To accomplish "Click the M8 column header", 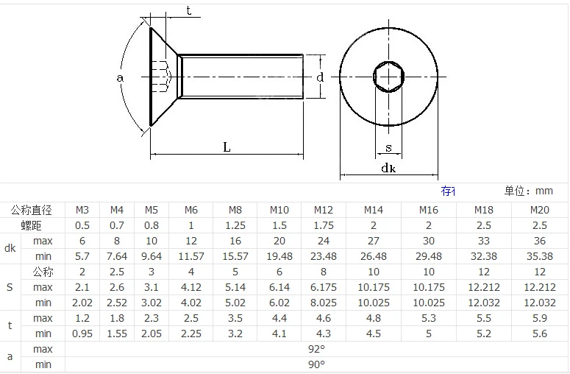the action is tap(235, 210).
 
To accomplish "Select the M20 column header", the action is tap(539, 210).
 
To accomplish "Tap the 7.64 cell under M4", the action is tap(117, 256).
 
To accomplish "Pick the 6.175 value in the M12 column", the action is tap(323, 287).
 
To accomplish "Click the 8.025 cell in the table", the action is tap(323, 303).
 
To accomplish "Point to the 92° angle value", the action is tap(316, 349).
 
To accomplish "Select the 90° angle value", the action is tap(316, 364).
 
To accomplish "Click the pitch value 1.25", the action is tap(235, 225).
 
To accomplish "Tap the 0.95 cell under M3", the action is tap(82, 334).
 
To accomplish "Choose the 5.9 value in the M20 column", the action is tap(539, 318).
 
